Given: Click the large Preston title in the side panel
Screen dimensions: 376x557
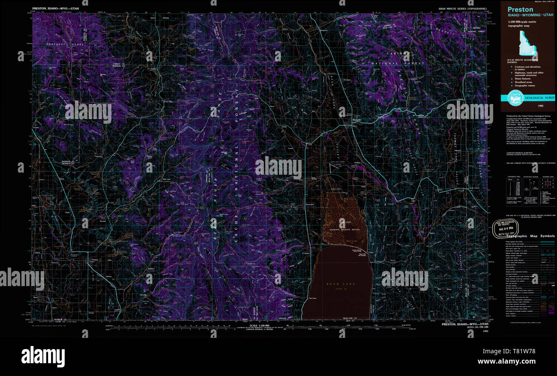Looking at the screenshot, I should (x=521, y=9).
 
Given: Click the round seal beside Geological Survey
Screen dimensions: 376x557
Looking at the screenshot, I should (x=515, y=98).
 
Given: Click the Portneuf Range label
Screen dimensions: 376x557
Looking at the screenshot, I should (x=62, y=44).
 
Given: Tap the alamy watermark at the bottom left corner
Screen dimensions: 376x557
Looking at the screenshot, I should (x=43, y=356).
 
